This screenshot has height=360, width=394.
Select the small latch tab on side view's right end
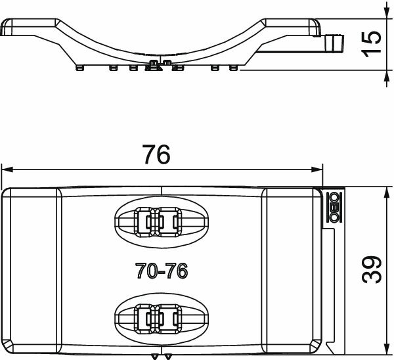pyautogui.click(x=335, y=43)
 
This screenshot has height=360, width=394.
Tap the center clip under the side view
pyautogui.click(x=157, y=64)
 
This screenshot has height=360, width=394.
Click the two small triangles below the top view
pyautogui.click(x=161, y=357)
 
